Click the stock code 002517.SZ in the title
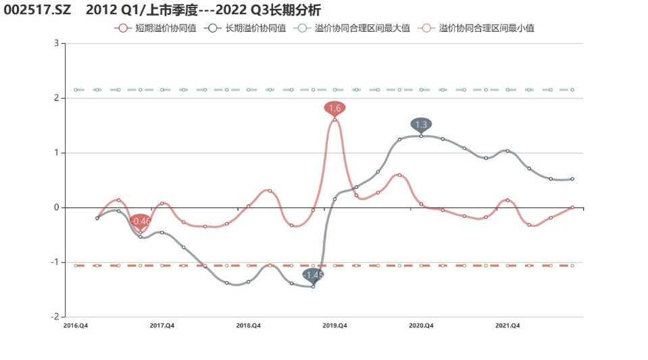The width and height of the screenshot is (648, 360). click(37, 10)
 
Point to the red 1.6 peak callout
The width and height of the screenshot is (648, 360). click(334, 107)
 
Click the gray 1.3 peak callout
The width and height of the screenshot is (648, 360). click(421, 124)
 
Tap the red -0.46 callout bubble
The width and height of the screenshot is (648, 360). click(141, 221)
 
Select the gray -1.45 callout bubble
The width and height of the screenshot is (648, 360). click(313, 275)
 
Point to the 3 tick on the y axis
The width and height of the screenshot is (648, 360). click(57, 43)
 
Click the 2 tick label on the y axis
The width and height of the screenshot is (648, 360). click(57, 98)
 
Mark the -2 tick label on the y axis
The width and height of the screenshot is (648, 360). click(55, 316)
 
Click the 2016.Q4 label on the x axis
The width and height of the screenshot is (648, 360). click(75, 326)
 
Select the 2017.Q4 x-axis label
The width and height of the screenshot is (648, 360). click(161, 326)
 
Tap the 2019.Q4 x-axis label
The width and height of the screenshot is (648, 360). click(334, 326)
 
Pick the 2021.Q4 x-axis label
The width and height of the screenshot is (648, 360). click(507, 326)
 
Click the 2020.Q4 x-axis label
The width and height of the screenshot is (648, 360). click(421, 326)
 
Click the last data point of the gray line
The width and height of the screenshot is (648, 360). click(572, 179)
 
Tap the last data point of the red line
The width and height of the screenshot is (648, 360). click(572, 207)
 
